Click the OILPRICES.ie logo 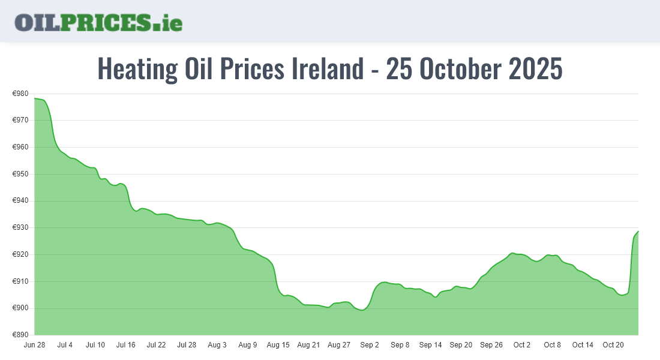click(x=98, y=22)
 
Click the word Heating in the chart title click(x=137, y=69)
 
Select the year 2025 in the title click(x=535, y=69)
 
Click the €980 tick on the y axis click(x=20, y=94)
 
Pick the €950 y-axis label click(x=20, y=174)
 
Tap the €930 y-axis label click(x=20, y=227)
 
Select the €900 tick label click(x=20, y=308)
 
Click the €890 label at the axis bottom click(x=20, y=335)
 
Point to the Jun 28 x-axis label click(x=34, y=345)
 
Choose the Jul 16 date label click(x=126, y=345)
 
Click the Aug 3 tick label click(x=217, y=345)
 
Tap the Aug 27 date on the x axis click(x=339, y=345)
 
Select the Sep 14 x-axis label click(x=430, y=345)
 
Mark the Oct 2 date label click(x=522, y=345)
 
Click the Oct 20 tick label click(x=613, y=345)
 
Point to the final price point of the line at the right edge click(x=638, y=231)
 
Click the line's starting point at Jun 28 click(x=35, y=98)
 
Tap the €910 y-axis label click(x=20, y=281)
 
